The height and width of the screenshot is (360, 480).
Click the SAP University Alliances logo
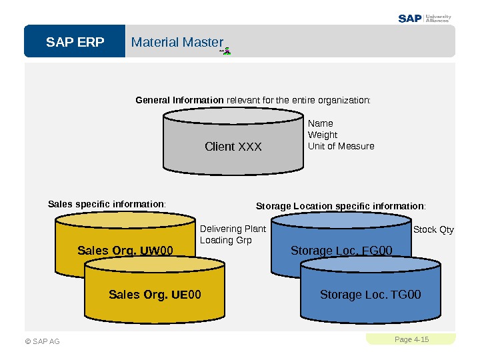(425, 18)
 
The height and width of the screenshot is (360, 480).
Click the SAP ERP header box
(75, 43)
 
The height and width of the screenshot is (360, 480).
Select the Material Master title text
(177, 43)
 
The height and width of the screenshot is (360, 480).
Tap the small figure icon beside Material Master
(227, 50)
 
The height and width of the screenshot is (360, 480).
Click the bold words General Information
(179, 101)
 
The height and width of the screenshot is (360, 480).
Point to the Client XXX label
(233, 147)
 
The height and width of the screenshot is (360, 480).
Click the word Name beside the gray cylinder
(320, 123)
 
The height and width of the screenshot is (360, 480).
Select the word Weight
(323, 135)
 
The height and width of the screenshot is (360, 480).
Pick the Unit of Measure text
(341, 146)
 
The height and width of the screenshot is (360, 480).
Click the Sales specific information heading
(107, 203)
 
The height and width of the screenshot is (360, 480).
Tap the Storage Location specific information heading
(341, 206)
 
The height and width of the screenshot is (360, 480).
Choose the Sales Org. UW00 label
(125, 251)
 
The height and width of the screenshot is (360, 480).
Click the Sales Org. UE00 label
(155, 295)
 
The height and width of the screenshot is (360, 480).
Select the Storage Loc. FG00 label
(341, 251)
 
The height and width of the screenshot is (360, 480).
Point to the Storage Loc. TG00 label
(371, 295)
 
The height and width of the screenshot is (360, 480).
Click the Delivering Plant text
(233, 229)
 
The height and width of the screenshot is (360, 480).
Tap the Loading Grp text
(226, 240)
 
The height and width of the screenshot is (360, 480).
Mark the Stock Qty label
(433, 230)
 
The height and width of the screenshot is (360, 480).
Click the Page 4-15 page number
(411, 339)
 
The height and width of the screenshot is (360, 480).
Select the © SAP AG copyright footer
(43, 341)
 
